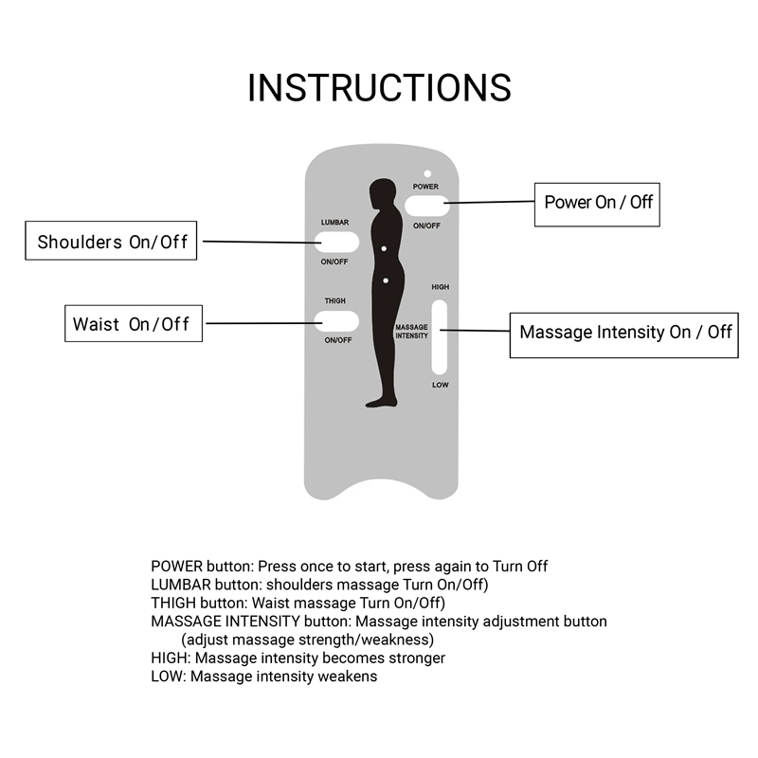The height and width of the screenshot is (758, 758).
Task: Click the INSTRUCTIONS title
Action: coord(379,88)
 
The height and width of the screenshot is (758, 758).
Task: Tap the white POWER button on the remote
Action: coord(427,206)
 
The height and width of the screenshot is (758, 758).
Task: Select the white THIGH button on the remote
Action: coord(336,321)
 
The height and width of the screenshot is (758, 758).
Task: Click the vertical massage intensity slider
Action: coord(440,337)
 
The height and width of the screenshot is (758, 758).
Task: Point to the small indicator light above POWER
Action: coord(427,173)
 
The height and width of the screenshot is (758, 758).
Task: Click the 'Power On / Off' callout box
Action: coord(597,205)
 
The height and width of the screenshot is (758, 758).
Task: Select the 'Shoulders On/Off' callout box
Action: coord(111,241)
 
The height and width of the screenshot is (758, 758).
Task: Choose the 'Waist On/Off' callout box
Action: coord(134,323)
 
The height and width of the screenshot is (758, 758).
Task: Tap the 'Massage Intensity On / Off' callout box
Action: coord(624,335)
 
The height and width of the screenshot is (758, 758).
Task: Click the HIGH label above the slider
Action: coord(441,287)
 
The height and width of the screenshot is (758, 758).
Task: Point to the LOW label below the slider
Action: coord(441,385)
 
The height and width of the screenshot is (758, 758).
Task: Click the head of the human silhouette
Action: coord(383,192)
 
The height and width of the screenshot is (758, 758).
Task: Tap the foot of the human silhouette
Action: coord(381,402)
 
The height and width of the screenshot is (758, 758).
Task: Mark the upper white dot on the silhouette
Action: coord(384,249)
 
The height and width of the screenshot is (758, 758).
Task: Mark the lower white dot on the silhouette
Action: coord(386,280)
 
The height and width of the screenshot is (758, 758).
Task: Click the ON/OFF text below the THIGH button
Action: coord(338,340)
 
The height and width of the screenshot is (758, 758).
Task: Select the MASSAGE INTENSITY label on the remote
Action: coord(412,331)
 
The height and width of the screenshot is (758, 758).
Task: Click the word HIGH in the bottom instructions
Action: coord(169,658)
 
